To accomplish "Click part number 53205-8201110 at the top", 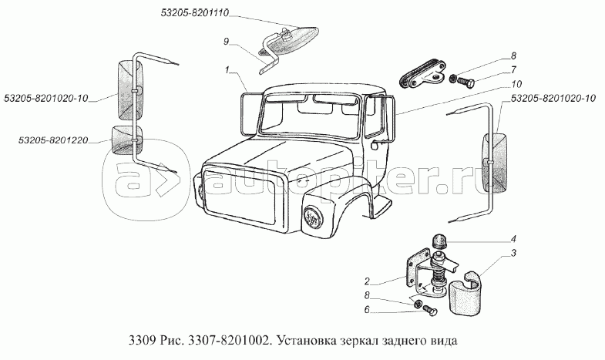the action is coord(195,13).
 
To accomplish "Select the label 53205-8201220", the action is coord(53,140).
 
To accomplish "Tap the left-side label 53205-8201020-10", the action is coord(46,98).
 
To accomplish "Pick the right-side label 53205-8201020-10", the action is coord(553,99).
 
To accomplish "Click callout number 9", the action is coord(227,42).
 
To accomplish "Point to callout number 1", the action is coord(227,70).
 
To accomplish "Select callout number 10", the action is coord(516,84).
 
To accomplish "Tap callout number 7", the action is coord(513,70).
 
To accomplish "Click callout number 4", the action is coord(513,239).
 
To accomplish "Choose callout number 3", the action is coord(513,253).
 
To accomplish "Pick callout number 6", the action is coord(368,309).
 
